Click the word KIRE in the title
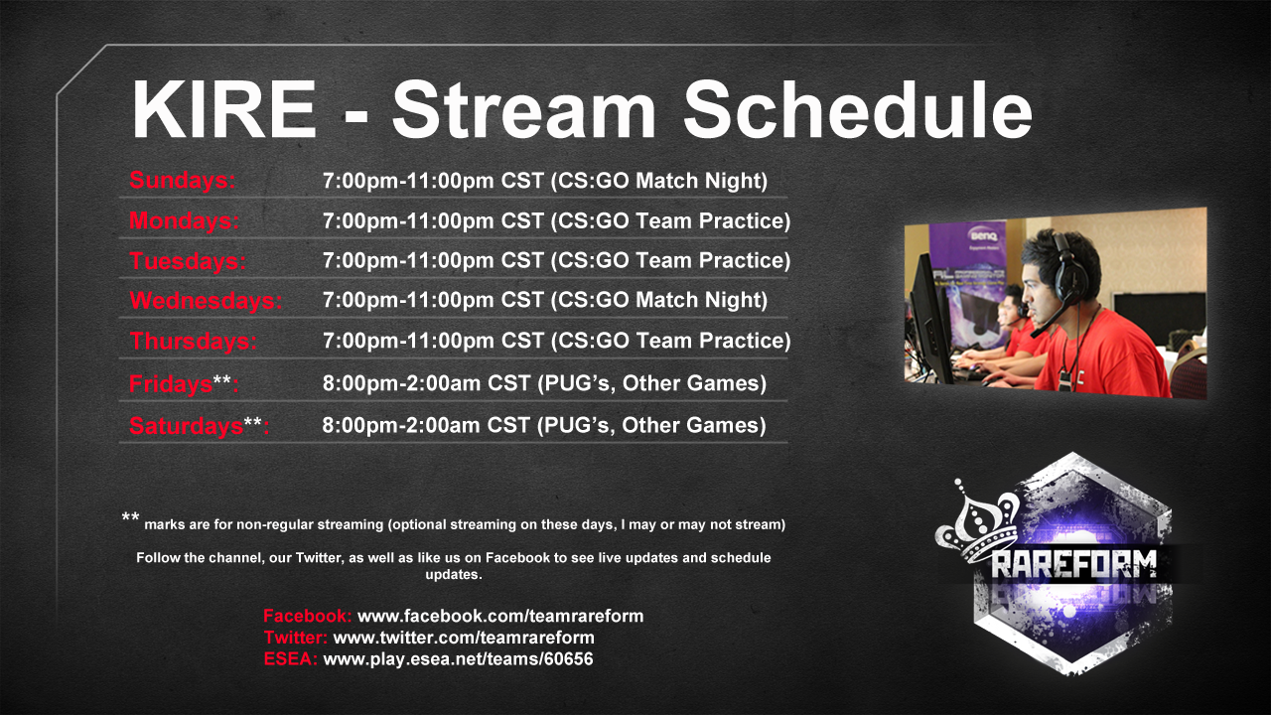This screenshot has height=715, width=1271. [x=223, y=109]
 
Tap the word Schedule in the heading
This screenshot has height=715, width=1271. [x=857, y=108]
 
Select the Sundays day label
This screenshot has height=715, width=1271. [x=182, y=181]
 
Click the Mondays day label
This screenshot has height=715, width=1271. [x=185, y=220]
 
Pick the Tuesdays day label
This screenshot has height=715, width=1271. [x=188, y=261]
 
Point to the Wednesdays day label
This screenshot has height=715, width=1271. [x=206, y=301]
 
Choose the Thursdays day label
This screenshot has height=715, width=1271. [x=194, y=341]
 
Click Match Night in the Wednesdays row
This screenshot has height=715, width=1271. [x=701, y=300]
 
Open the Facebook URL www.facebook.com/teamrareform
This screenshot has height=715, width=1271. [x=500, y=616]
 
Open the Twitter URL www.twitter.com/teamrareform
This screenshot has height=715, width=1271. [x=464, y=638]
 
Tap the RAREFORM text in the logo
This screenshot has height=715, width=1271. [x=1073, y=565]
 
